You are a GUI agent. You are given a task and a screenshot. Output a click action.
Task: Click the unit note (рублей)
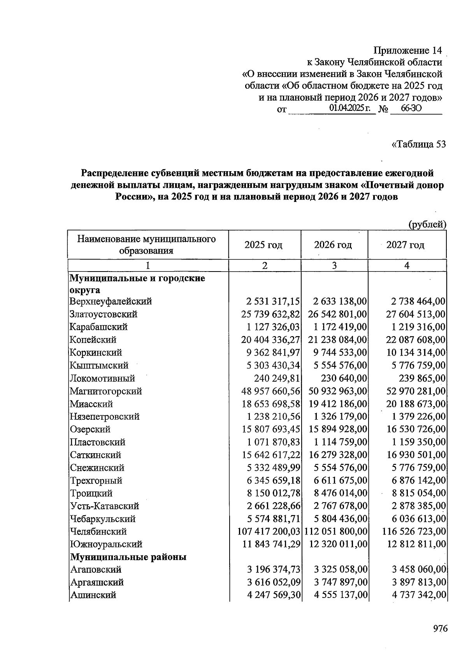pyautogui.click(x=427, y=224)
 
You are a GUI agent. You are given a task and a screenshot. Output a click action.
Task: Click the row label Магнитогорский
pyautogui.click(x=106, y=391)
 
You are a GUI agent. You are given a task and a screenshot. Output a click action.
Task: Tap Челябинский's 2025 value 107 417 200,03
pyautogui.click(x=269, y=531)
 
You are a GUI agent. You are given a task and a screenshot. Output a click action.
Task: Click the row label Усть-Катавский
pyautogui.click(x=104, y=506)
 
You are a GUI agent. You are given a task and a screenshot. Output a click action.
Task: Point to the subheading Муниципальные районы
pyautogui.click(x=128, y=557)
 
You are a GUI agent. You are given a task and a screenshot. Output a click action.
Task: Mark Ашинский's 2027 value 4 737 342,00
pyautogui.click(x=416, y=595)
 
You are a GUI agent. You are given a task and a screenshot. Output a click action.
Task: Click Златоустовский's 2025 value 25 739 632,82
pyautogui.click(x=271, y=314)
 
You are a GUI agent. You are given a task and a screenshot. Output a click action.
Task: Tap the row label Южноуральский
pyautogui.click(x=106, y=544)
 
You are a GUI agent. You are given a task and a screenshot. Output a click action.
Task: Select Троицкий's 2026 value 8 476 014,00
pyautogui.click(x=341, y=493)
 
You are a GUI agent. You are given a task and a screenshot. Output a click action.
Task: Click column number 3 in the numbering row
pyautogui.click(x=334, y=266)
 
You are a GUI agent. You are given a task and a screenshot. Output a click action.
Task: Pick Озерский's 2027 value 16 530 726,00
pyautogui.click(x=416, y=429)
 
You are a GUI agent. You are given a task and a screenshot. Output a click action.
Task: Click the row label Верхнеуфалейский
pyautogui.click(x=111, y=301)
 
